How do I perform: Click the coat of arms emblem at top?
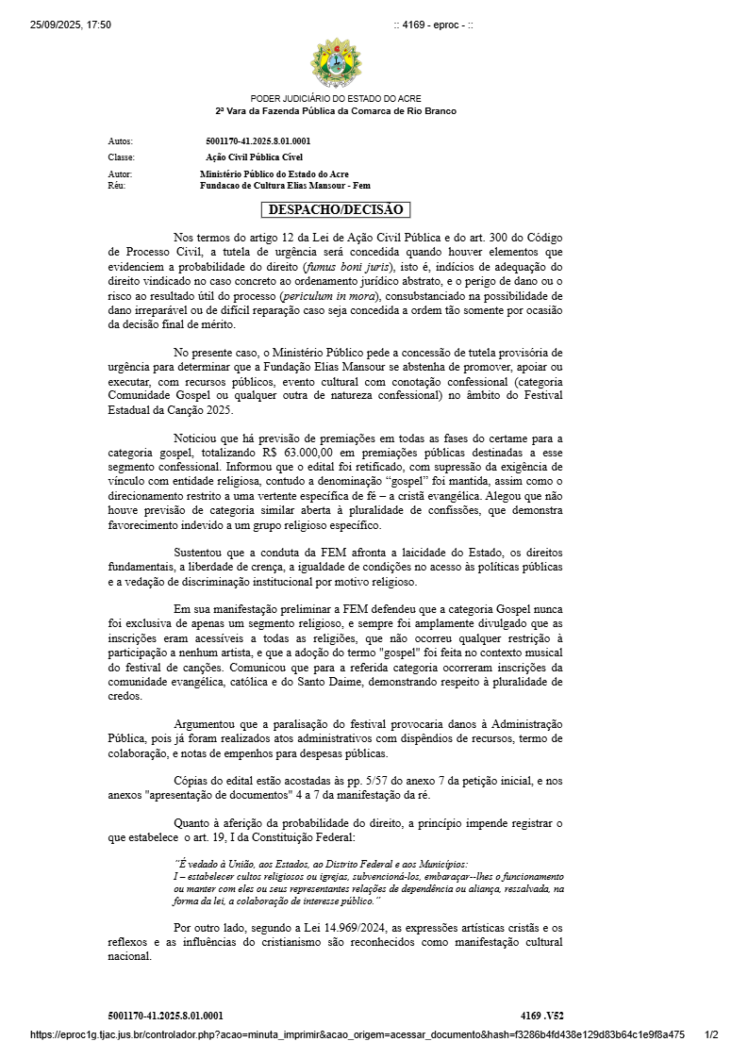336,61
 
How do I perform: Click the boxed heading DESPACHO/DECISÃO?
336,209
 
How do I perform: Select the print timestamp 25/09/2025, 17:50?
71,25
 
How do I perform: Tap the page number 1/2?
711,1034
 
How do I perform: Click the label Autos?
121,141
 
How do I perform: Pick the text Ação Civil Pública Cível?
254,157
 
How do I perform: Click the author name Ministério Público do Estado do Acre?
274,174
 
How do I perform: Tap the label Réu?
117,186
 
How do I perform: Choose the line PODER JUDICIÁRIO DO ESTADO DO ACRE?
336,99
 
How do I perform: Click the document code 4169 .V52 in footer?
541,1016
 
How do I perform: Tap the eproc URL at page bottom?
357,1034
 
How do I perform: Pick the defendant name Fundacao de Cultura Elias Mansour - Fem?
285,186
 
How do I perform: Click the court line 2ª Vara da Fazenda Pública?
336,111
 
